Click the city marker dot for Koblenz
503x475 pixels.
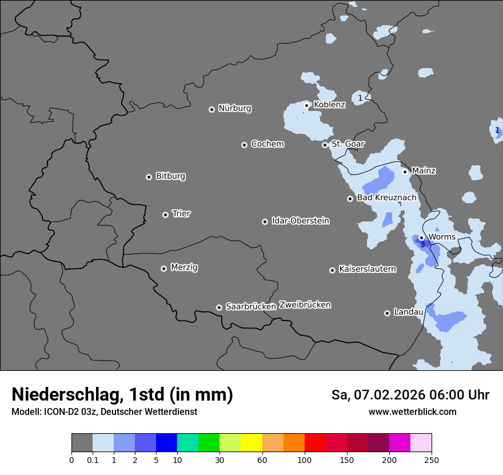[307, 105]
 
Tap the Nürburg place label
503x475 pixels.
[234, 108]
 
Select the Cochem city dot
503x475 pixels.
[244, 145]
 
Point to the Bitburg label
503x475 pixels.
[170, 176]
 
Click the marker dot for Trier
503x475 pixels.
[166, 215]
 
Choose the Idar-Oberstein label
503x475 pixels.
[300, 221]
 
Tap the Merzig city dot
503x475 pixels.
[163, 268]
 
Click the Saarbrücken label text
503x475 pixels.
[250, 307]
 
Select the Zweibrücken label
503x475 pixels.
[305, 305]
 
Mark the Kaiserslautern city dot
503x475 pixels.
[332, 270]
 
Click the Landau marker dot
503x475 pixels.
[387, 313]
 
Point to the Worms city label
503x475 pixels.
[441, 237]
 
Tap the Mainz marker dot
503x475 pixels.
[405, 171]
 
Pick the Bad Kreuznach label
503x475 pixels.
[386, 198]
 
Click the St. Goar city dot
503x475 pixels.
[325, 145]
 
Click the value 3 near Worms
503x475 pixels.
[422, 245]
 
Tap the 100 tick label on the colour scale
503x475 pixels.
[305, 460]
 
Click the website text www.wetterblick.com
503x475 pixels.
[412, 412]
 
